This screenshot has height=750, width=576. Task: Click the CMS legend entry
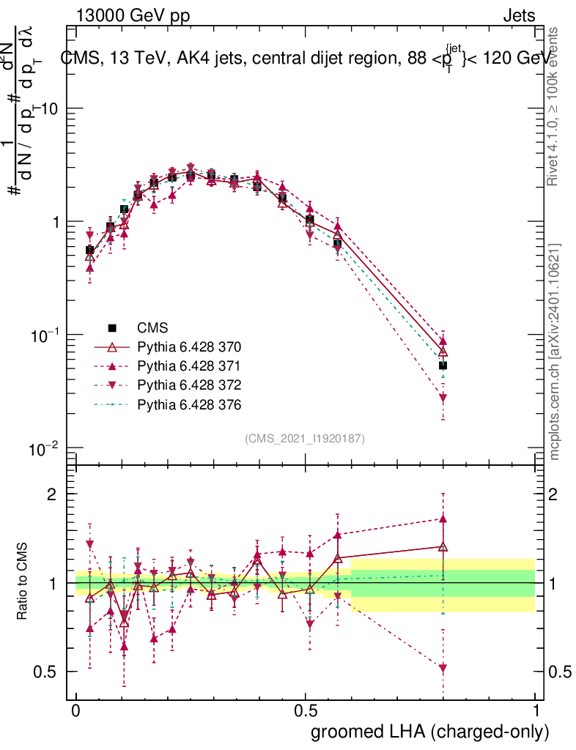tap(152, 327)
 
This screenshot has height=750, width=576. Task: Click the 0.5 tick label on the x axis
tap(306, 711)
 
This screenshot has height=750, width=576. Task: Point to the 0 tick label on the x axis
tap(75, 711)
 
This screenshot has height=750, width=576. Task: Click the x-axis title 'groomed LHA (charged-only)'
tap(430, 732)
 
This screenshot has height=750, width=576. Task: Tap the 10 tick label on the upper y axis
tap(49, 108)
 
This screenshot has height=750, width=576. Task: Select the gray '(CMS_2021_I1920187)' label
tap(305, 438)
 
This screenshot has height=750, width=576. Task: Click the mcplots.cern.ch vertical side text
tap(555, 352)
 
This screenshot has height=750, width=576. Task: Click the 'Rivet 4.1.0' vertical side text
tap(555, 106)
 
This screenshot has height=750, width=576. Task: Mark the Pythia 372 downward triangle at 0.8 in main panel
tap(443, 398)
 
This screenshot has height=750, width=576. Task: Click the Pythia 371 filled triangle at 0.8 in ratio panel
tap(443, 519)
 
